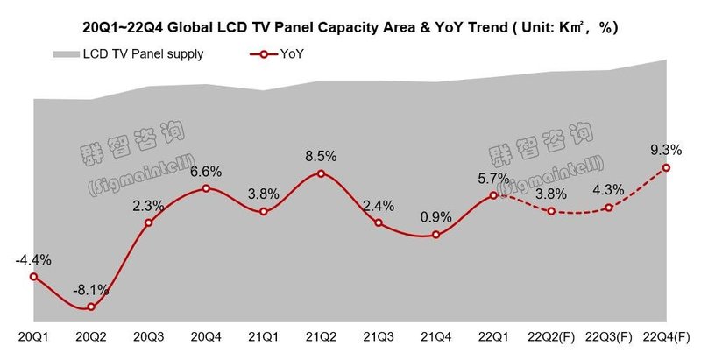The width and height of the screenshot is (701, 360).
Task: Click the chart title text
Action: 350,25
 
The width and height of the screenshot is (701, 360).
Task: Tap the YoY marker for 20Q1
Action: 33,277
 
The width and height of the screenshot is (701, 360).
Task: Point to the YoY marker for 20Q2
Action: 91,307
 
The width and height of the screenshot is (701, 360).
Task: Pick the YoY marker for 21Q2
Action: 321,173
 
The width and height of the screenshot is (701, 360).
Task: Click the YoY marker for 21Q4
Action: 435,235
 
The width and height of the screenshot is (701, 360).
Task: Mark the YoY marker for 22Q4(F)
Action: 666,167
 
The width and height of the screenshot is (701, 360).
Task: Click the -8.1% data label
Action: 91,288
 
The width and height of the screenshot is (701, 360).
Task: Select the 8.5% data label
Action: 321,156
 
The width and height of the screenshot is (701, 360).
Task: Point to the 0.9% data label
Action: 435,216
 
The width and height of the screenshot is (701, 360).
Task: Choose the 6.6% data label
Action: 207,171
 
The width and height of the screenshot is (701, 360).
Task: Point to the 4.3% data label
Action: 609,189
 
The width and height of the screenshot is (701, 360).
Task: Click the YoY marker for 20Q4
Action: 206,188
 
